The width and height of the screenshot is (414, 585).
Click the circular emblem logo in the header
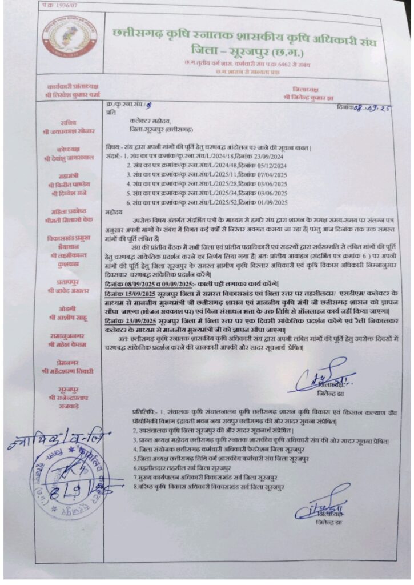click(70, 37)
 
